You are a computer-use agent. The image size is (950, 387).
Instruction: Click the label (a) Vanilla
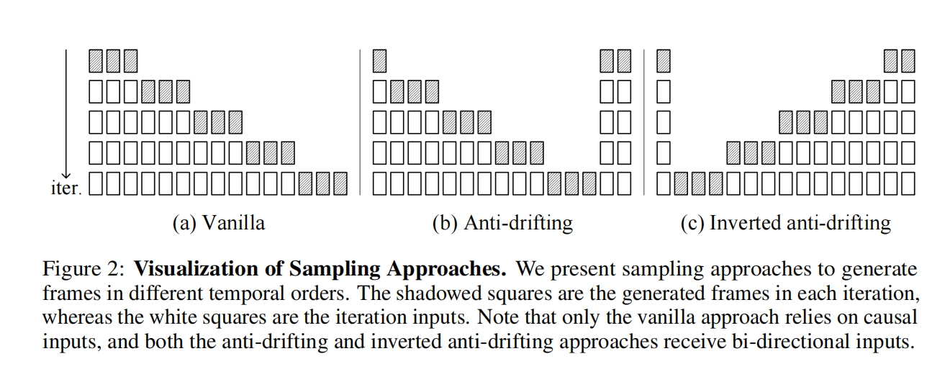[x=219, y=223]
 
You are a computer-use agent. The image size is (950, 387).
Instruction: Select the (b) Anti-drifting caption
[x=502, y=223]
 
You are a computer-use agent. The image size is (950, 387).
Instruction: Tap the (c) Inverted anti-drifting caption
[x=785, y=223]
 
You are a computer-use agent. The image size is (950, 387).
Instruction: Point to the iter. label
[x=65, y=188]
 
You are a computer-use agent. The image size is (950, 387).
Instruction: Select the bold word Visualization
[x=189, y=270]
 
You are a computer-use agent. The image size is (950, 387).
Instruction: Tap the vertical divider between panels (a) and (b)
[x=360, y=122]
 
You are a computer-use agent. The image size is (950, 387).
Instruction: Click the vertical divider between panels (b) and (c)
[x=644, y=122]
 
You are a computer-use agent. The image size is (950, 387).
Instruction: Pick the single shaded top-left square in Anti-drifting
[x=380, y=60]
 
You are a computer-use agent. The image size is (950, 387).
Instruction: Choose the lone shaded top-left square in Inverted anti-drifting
[x=664, y=60]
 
